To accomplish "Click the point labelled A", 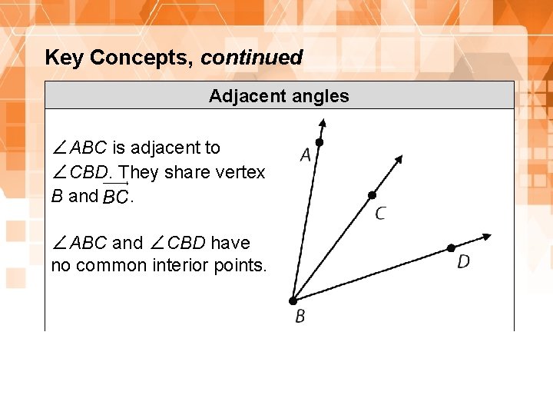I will click(320, 143).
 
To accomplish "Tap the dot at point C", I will click(372, 195).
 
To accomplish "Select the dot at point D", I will click(451, 247).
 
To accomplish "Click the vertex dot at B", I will click(293, 300).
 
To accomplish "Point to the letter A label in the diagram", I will click(306, 156).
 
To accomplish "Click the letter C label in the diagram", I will click(380, 213).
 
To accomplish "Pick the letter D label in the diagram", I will click(463, 262).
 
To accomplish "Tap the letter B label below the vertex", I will click(300, 316).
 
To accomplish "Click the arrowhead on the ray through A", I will click(323, 124).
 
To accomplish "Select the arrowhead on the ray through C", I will click(399, 160).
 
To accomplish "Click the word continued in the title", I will click(252, 58).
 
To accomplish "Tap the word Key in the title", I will click(63, 58).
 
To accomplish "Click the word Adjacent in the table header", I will click(240, 96).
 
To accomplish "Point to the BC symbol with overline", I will click(115, 196).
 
